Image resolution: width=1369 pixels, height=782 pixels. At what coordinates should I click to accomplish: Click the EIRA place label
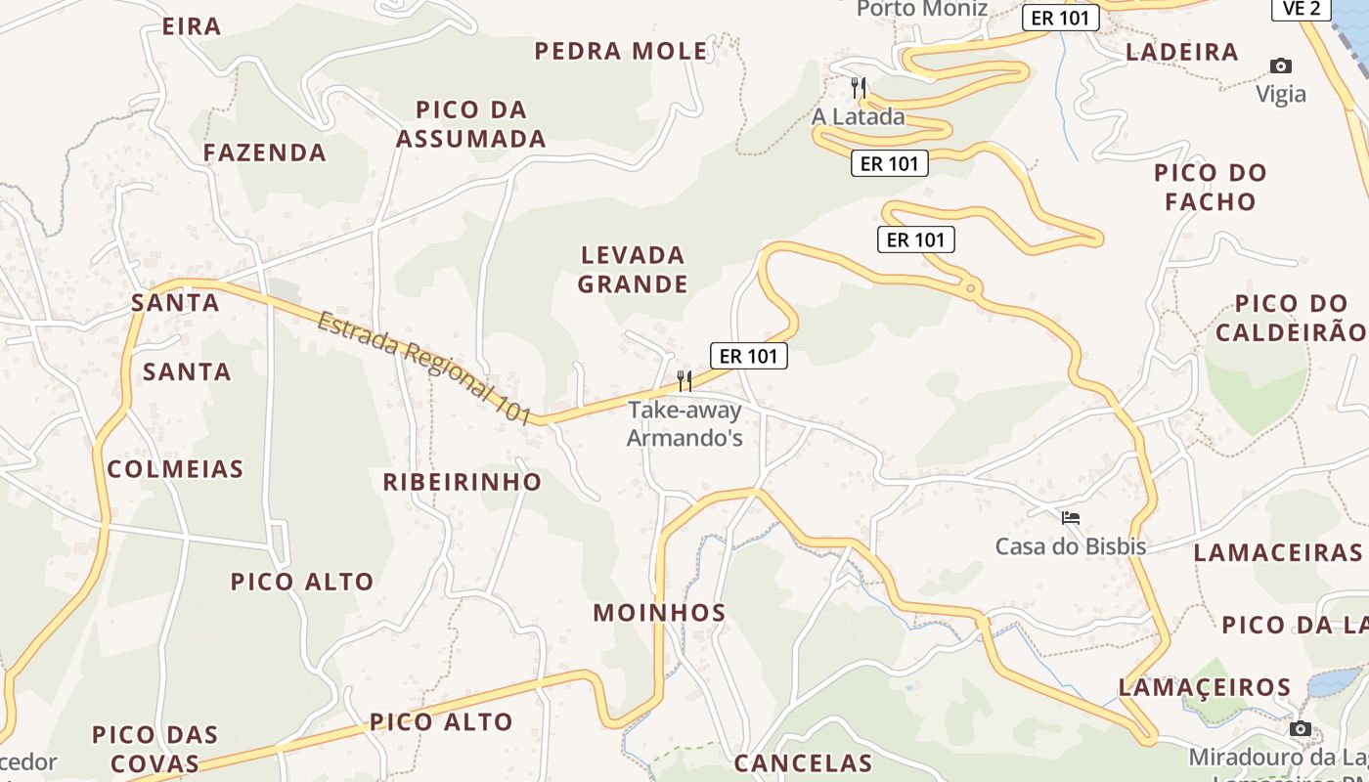click(x=192, y=26)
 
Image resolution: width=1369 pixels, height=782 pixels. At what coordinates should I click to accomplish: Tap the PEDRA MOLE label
click(x=621, y=51)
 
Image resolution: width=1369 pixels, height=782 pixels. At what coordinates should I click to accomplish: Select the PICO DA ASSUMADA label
click(x=470, y=124)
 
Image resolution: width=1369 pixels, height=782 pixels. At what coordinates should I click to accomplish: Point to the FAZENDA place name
click(x=265, y=152)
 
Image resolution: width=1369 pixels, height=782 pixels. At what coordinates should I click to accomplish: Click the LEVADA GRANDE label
click(x=633, y=270)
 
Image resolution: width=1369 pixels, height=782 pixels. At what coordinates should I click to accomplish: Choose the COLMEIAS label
click(x=176, y=469)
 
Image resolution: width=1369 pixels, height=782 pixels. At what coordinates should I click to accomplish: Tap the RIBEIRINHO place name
click(x=462, y=482)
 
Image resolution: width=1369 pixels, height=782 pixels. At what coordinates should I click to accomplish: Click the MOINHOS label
click(x=660, y=614)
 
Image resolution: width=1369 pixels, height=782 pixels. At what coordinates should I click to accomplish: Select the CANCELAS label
click(x=803, y=763)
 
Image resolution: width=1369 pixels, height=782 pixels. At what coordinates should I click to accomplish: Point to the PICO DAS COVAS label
click(x=155, y=749)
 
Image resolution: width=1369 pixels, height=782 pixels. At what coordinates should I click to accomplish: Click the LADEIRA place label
click(x=1182, y=52)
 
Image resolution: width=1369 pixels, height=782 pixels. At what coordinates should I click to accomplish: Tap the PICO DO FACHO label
click(x=1211, y=188)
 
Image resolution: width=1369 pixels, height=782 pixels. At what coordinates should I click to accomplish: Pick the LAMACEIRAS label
click(x=1277, y=552)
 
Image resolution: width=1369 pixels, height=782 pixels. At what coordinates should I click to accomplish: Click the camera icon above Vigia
click(x=1281, y=66)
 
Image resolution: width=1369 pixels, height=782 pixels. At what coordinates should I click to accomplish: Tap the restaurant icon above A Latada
click(x=859, y=87)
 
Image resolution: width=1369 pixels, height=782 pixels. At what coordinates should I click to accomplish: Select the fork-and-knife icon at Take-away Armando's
click(x=684, y=380)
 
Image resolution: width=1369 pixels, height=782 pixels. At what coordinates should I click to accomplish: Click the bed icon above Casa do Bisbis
click(x=1071, y=518)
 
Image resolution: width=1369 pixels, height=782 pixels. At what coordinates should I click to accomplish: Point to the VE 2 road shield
click(x=1302, y=9)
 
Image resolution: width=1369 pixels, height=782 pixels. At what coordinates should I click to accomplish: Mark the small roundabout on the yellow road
click(x=970, y=287)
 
